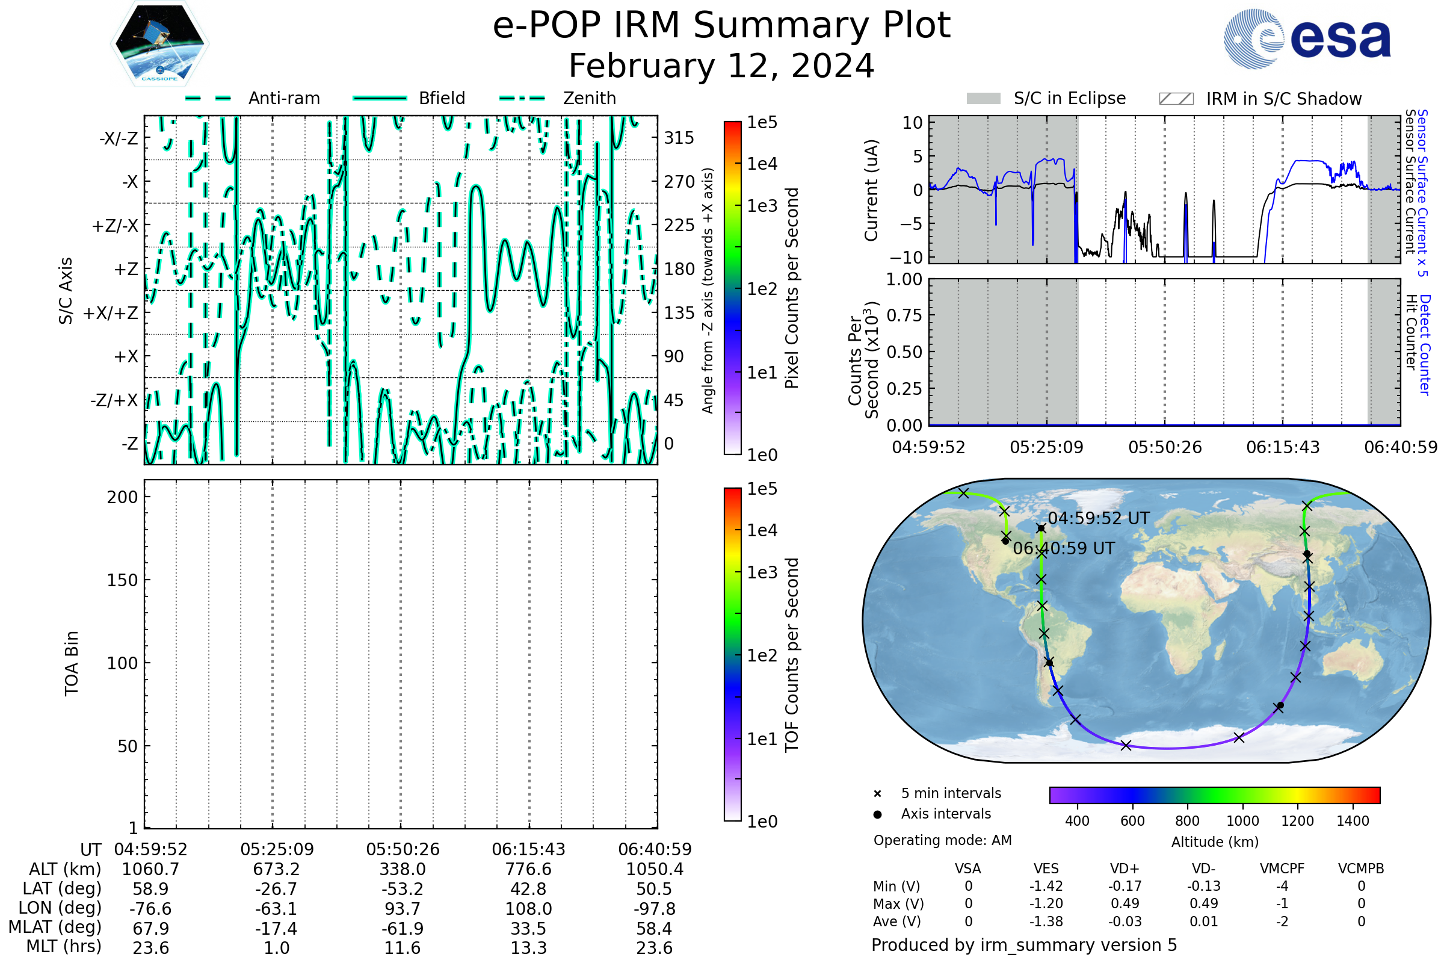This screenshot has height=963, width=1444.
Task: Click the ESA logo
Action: click(x=1306, y=39)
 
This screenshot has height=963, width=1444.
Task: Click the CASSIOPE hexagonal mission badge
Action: click(x=159, y=43)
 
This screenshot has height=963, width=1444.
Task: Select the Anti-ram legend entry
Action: click(x=252, y=98)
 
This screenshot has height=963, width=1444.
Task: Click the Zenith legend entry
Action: click(x=558, y=98)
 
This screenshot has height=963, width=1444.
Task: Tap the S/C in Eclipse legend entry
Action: click(x=1046, y=98)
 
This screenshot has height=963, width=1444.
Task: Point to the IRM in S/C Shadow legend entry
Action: click(x=1260, y=99)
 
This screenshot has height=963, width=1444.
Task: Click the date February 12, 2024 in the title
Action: click(x=721, y=66)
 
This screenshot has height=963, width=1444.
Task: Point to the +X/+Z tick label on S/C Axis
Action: click(x=111, y=313)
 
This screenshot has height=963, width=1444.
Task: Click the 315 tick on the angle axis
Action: click(x=679, y=138)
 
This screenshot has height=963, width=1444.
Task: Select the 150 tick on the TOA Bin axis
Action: click(x=122, y=580)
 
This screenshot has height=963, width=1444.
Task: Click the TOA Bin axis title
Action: click(x=72, y=663)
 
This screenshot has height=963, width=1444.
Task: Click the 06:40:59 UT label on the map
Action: click(x=1064, y=548)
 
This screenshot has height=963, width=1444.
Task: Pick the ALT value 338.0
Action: click(x=403, y=870)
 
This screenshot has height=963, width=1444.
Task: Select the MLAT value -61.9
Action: click(x=403, y=929)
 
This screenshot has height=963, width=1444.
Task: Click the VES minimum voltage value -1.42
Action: click(x=1046, y=886)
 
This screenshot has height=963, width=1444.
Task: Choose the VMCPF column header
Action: click(x=1282, y=869)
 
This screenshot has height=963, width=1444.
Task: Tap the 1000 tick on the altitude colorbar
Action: click(x=1242, y=821)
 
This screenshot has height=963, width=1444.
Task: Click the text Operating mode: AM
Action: click(x=942, y=840)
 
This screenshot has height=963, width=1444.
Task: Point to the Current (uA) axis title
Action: click(x=871, y=190)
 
